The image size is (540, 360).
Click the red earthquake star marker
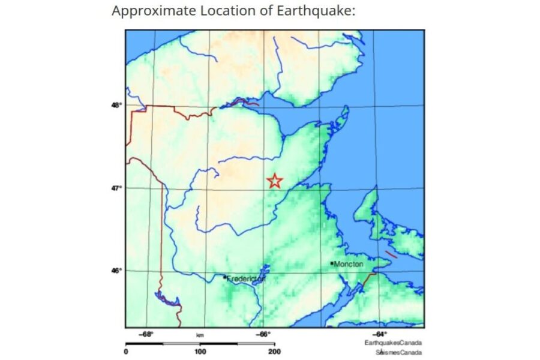[x=274, y=181]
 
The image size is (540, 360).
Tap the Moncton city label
[x=349, y=264]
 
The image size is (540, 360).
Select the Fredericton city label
[x=245, y=278]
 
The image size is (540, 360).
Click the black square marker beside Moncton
[x=332, y=263]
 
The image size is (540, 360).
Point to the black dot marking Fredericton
[x=224, y=277]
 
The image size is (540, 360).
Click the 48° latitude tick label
[x=116, y=106]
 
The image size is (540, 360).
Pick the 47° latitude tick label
[x=116, y=188]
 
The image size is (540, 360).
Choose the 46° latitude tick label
[x=116, y=271]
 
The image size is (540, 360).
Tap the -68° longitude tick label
[x=146, y=335]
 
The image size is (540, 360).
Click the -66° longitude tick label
[x=263, y=335]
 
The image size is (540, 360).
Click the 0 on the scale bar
[x=126, y=352]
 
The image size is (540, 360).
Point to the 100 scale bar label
[x=200, y=352]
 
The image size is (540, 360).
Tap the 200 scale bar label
[x=274, y=352]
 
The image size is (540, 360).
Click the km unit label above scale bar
[x=200, y=335]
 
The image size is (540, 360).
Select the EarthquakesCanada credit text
[x=393, y=343]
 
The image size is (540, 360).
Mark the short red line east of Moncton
[x=391, y=254]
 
